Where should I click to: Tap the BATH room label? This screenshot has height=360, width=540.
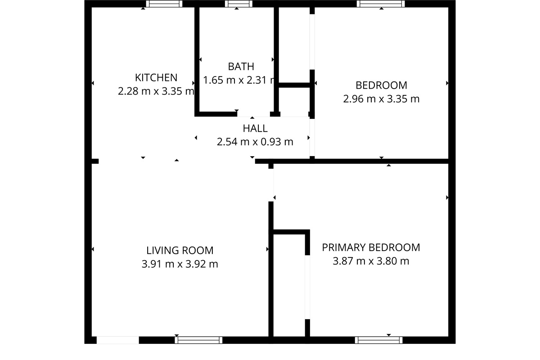click(x=241, y=67)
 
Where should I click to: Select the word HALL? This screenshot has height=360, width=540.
click(x=255, y=128)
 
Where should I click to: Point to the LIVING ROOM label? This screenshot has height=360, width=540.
click(x=180, y=250)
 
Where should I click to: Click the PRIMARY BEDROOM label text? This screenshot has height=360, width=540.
click(x=371, y=247)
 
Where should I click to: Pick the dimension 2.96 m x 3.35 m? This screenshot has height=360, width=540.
click(x=381, y=99)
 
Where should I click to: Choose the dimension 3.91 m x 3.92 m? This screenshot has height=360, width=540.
click(x=180, y=264)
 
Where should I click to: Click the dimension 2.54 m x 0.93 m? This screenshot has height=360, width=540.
click(x=255, y=142)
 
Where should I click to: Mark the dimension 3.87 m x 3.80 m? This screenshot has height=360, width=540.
click(x=371, y=261)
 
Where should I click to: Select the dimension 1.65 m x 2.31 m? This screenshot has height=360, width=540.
click(x=239, y=81)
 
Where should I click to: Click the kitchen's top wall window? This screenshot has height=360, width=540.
click(x=164, y=4)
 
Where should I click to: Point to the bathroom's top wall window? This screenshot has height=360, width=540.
click(x=237, y=4)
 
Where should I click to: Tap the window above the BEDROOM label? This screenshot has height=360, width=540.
click(x=381, y=4)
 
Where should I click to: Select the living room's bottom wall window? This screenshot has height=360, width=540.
click(x=198, y=340)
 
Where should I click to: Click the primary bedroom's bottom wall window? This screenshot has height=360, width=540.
click(x=378, y=340)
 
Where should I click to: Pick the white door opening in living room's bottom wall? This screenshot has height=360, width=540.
click(x=118, y=340)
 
